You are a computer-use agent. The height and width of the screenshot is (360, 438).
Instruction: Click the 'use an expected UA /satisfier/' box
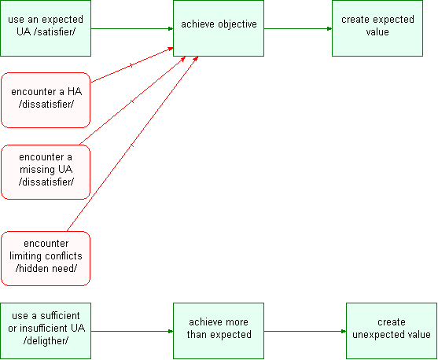point(46,28)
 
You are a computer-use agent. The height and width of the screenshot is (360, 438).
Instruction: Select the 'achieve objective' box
point(219,28)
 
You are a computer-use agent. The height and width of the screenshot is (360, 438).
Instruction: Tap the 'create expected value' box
point(377,28)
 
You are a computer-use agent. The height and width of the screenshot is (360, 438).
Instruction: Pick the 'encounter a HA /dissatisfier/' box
point(46,101)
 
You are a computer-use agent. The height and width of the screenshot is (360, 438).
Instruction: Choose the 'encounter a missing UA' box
point(46,172)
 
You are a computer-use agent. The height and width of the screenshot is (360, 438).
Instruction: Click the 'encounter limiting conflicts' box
point(46,259)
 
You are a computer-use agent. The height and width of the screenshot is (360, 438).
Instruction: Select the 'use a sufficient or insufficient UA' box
point(46,331)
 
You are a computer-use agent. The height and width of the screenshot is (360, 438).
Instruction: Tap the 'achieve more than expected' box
point(219,331)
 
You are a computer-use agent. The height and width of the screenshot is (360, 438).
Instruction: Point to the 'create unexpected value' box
point(392,331)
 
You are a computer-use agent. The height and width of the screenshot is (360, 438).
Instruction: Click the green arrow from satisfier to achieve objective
point(132,28)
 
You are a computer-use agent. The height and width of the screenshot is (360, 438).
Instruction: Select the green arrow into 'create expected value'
point(298,28)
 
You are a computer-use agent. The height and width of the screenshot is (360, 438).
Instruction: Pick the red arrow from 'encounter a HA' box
point(132,65)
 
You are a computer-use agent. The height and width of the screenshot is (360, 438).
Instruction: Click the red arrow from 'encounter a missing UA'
point(132,101)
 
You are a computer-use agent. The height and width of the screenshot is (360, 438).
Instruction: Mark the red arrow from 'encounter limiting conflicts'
point(132,144)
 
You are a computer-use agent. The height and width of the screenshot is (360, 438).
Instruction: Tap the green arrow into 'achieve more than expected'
point(132,332)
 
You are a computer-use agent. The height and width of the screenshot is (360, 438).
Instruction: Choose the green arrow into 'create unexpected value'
point(305,332)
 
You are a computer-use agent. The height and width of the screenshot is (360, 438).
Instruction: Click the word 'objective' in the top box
point(237,24)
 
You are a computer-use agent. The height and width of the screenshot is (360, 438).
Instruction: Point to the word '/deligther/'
point(46,340)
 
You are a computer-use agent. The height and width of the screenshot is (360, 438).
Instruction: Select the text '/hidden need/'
point(46,268)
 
